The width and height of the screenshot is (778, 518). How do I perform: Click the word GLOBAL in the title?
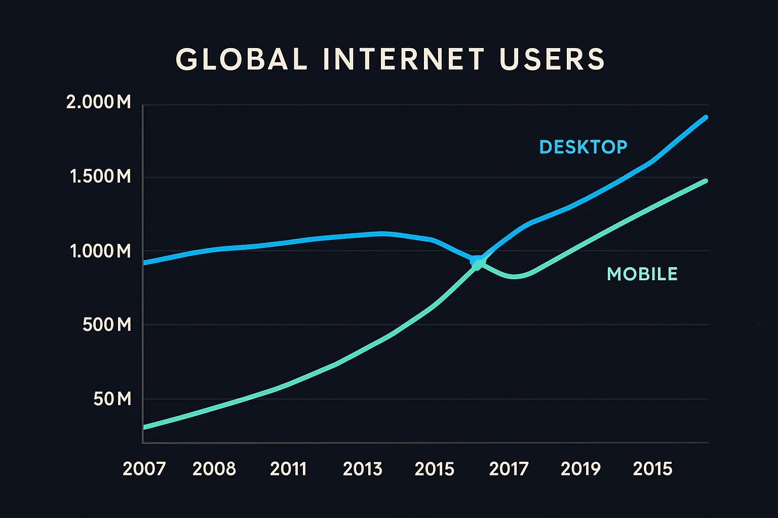(242, 59)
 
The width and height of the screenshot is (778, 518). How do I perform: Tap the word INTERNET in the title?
(403, 59)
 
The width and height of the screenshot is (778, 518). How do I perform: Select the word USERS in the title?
(552, 59)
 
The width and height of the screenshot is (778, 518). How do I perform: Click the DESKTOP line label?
(583, 147)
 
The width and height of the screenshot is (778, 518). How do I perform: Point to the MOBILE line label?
(642, 274)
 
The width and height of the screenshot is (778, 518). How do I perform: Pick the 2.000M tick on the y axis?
(99, 102)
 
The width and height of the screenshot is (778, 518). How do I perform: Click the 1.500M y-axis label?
(100, 177)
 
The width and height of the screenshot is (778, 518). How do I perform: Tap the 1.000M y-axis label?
(100, 251)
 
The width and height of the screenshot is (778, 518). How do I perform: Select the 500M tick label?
(107, 324)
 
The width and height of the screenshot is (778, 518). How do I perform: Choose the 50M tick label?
(112, 399)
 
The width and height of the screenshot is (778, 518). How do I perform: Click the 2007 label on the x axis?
(144, 469)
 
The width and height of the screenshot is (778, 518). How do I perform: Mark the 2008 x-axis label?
(214, 469)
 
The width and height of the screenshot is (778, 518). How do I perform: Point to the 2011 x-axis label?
(288, 469)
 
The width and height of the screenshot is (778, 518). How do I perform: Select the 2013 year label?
(363, 469)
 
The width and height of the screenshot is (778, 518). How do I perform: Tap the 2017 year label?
(509, 469)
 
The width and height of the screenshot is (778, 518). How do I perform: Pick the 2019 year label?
(580, 469)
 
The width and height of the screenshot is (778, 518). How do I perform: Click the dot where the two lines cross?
(477, 263)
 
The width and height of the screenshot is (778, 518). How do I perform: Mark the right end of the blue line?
(706, 117)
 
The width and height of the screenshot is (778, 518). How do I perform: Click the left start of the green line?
(145, 427)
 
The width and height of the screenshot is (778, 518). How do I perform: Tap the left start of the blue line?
(145, 263)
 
